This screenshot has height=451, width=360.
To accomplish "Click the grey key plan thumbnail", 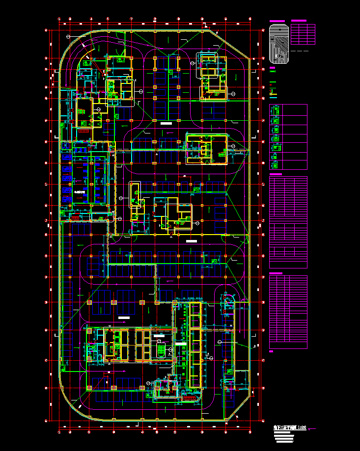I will (278, 44).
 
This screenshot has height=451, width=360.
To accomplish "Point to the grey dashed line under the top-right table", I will (299, 51).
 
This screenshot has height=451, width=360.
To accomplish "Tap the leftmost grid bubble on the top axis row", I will (59, 19).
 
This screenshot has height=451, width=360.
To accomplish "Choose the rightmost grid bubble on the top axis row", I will (250, 19).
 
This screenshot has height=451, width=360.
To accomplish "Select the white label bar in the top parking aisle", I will (166, 124).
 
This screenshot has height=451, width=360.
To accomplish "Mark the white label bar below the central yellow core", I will (191, 241).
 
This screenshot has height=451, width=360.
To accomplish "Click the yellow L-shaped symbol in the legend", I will (274, 92).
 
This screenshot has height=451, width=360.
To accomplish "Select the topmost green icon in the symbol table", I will (275, 111).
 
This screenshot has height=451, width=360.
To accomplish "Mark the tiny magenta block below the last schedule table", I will (272, 351).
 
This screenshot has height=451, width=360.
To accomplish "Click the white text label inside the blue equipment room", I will (80, 190).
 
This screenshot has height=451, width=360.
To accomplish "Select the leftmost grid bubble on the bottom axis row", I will (59, 431).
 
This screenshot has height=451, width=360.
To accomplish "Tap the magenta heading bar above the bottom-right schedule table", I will (276, 273).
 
